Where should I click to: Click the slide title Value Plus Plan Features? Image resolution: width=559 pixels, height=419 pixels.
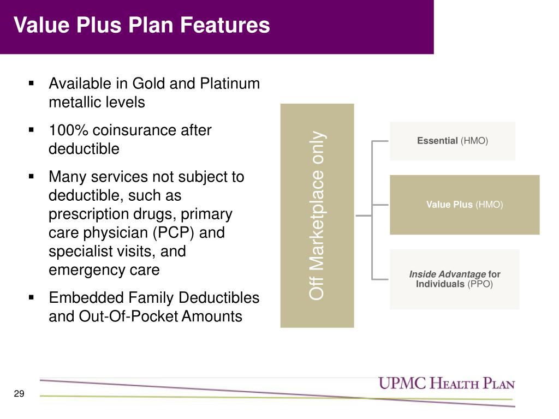142,26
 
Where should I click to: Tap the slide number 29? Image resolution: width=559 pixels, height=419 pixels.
19,394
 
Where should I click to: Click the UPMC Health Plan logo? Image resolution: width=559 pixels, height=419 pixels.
447,384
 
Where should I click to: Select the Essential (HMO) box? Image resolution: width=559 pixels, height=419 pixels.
453,141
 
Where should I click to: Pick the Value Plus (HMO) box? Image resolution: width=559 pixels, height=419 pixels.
465,205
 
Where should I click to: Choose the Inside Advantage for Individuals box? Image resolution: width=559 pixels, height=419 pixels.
455,279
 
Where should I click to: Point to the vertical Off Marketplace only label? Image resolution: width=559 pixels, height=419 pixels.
317,216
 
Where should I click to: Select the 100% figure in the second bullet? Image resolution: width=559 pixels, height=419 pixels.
69,130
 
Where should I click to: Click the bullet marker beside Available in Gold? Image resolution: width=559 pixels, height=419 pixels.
31,84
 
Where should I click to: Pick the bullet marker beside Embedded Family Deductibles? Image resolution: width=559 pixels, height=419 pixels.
31,298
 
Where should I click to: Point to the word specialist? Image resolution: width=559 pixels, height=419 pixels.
81,252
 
